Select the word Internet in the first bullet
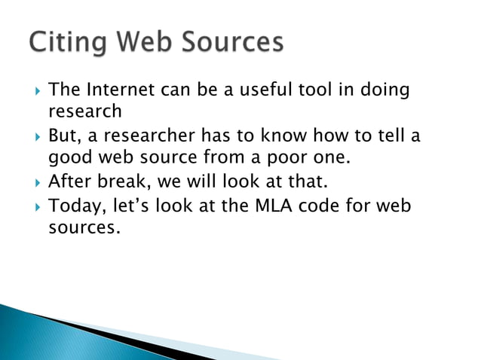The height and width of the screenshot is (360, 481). pos(120,91)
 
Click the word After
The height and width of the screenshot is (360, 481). pos(69,182)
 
